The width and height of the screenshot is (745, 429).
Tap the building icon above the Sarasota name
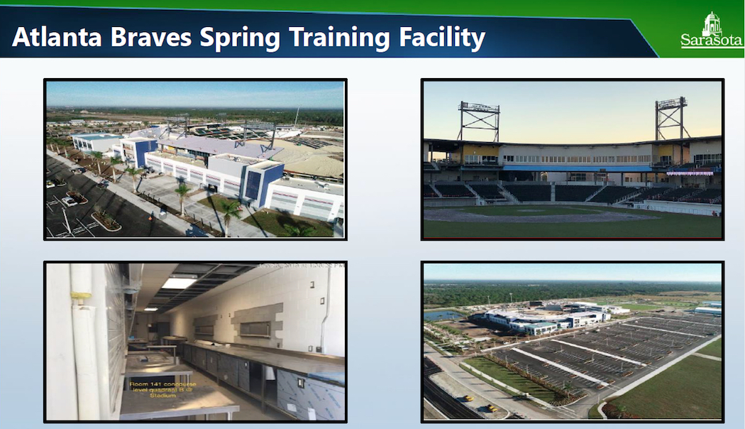coord(712,23)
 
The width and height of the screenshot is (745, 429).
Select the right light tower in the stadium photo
coord(670,117)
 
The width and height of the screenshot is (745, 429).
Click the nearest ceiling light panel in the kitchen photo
coord(179,282)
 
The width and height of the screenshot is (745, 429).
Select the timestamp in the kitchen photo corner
coord(302,266)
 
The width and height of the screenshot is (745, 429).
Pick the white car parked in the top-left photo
coord(70,202)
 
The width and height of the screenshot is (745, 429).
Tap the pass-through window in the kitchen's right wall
coord(255,330)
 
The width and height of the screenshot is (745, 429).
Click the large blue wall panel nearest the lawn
coord(253,185)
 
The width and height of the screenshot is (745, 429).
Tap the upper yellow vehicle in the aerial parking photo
coord(468,398)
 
